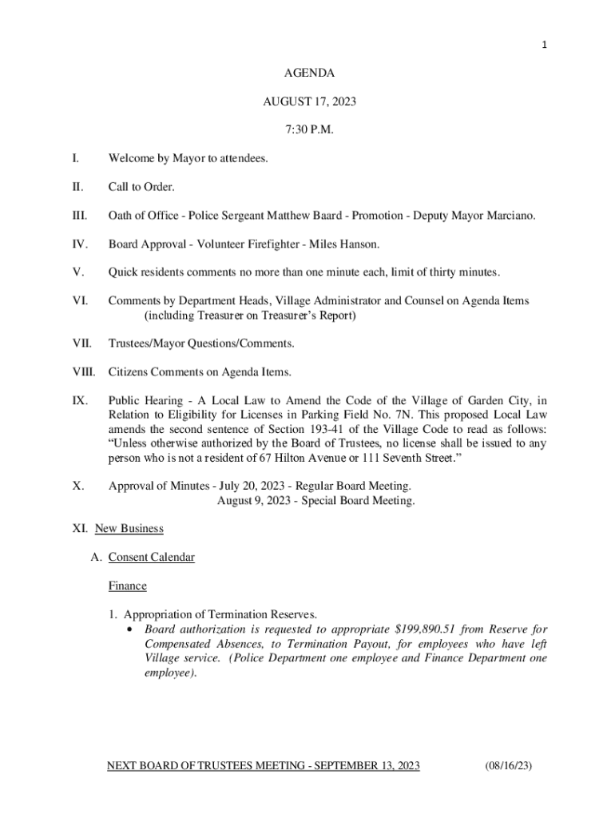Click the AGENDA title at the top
309,73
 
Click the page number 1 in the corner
545,45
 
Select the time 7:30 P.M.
309,130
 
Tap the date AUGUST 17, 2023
309,101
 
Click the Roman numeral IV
78,244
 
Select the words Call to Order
141,187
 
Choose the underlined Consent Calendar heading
151,557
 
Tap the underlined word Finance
127,586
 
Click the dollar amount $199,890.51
430,629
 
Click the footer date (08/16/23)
508,766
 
